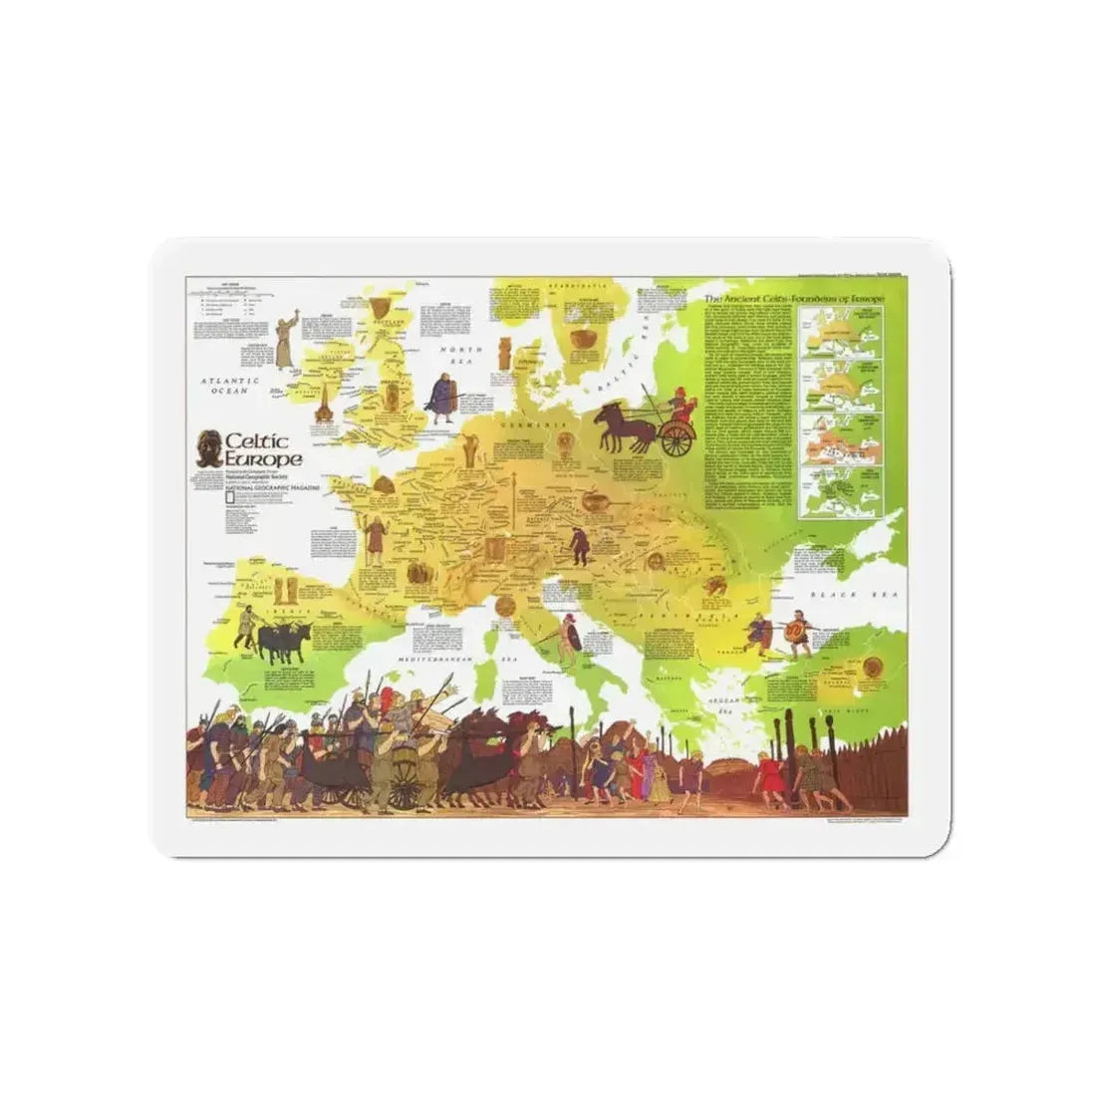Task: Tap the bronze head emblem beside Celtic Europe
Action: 209,448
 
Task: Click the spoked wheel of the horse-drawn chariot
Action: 677,438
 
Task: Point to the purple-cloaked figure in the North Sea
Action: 439,392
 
